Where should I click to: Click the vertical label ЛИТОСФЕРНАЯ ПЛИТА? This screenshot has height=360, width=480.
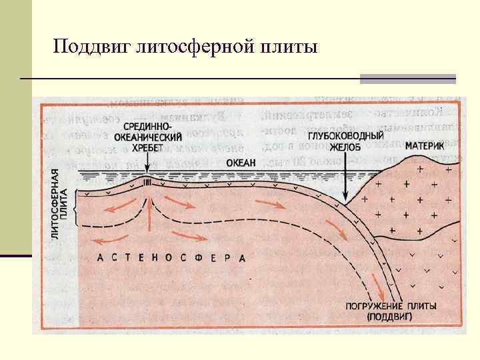(x=60, y=198)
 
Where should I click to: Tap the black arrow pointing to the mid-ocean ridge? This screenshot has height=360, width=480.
(x=147, y=167)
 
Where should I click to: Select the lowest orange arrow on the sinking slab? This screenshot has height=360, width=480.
(x=381, y=289)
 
